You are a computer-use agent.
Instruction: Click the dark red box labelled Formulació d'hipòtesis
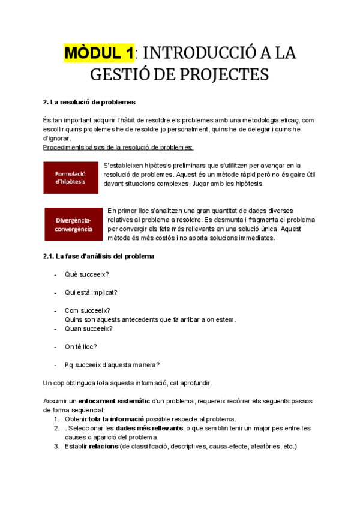[x=71, y=178]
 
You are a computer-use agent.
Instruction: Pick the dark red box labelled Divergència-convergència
[x=74, y=224]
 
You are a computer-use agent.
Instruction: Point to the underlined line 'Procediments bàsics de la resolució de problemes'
[x=118, y=148]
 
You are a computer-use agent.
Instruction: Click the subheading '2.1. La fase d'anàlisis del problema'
[x=99, y=256]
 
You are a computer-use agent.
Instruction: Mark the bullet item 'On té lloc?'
[x=80, y=346]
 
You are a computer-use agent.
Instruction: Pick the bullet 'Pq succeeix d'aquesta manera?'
[x=112, y=364]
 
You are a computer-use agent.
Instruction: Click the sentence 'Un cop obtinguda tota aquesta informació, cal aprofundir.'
[x=127, y=382]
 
